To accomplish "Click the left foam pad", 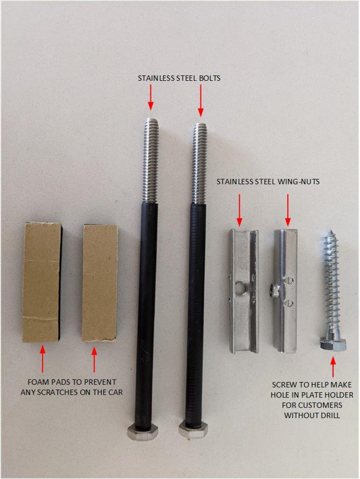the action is coord(42,282).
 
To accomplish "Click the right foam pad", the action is coord(100,283).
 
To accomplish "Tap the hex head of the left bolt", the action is coord(142,431).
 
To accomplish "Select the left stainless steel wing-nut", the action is coord(244,291).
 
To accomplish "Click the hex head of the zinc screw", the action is coord(333,344).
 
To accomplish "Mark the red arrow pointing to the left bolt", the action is coord(151,97).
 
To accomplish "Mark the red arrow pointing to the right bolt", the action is coord(200,101).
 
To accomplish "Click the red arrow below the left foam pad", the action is coord(43,359).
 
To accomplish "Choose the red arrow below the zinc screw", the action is coord(333,367).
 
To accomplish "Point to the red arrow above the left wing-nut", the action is coord(239,210).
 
